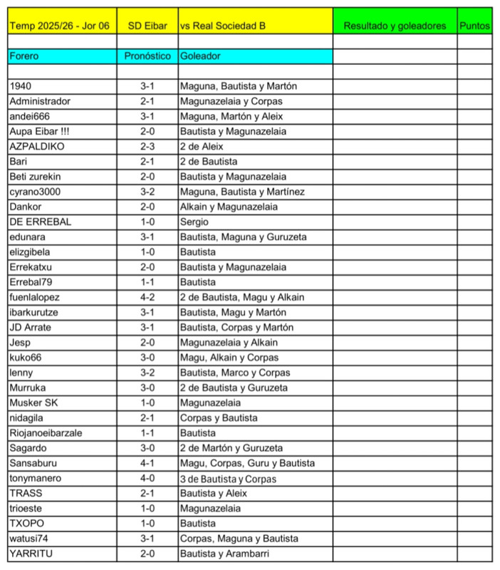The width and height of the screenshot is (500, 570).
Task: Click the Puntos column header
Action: point(474,25)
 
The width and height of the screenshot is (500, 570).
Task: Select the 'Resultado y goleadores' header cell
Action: point(395,25)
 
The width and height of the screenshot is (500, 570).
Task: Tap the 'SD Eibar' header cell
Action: point(147,25)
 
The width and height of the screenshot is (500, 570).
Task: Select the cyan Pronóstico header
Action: point(147,56)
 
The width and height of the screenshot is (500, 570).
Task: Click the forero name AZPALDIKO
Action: point(37,146)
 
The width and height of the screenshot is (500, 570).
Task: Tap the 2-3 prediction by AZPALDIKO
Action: point(147,146)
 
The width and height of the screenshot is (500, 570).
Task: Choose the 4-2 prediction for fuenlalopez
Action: point(147,297)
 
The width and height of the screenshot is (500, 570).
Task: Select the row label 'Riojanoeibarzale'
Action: point(46,432)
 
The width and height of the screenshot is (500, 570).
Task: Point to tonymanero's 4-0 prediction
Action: point(147,478)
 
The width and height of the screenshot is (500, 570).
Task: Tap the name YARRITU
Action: point(31,554)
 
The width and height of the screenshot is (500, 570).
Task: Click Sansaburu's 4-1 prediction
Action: point(147,463)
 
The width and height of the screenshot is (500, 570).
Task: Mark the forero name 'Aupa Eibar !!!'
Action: point(40,131)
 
